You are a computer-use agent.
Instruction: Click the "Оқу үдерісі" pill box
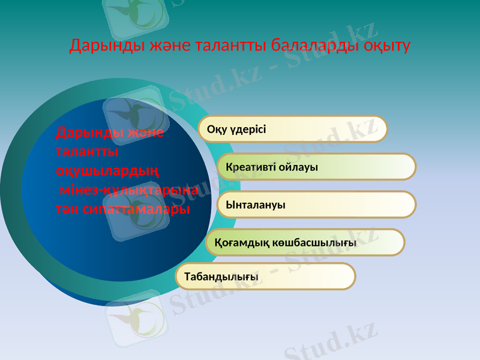pyautogui.click(x=293, y=129)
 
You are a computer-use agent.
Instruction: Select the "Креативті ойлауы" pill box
pyautogui.click(x=316, y=166)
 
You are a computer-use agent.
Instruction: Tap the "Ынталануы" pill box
pyautogui.click(x=316, y=204)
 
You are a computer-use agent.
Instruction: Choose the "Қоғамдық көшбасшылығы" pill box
pyautogui.click(x=305, y=242)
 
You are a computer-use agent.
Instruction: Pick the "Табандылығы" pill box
pyautogui.click(x=265, y=276)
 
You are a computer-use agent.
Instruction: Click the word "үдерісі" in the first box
pyautogui.click(x=249, y=129)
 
